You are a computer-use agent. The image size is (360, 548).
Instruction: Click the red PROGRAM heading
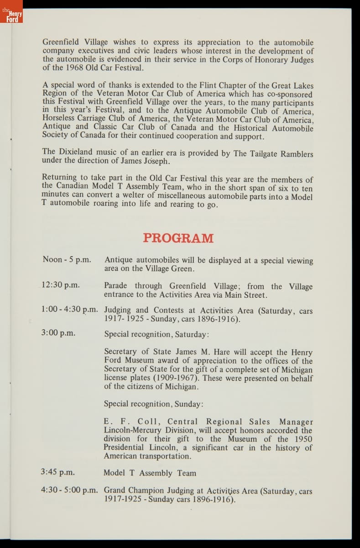pos(178,238)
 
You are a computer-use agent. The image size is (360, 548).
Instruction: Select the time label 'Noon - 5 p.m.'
pos(66,259)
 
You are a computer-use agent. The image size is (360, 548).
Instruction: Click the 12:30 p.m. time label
pos(60,285)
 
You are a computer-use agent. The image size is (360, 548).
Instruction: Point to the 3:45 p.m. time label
pos(58,473)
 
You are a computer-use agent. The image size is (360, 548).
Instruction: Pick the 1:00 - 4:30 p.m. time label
pos(69,309)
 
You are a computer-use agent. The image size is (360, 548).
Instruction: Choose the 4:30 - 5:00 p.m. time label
pos(69,490)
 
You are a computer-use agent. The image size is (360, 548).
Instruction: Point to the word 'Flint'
pos(210,85)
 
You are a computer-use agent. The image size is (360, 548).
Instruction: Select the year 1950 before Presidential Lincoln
pos(299,439)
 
